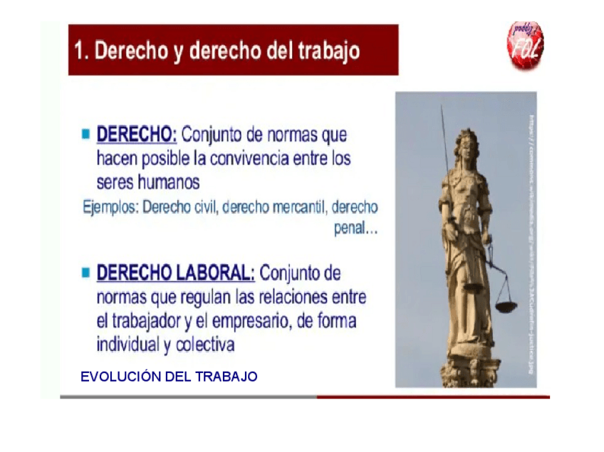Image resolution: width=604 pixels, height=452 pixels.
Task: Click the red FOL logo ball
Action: (x=525, y=46)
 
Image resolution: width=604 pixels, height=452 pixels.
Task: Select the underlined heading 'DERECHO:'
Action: (x=136, y=134)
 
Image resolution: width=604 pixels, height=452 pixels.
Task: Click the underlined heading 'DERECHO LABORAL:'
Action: (x=175, y=273)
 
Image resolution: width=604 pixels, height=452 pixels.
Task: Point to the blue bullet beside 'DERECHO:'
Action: (x=86, y=133)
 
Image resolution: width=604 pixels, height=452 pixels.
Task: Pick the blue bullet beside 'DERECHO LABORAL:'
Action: (x=86, y=272)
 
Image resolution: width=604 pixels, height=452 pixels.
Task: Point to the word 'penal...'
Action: (x=355, y=230)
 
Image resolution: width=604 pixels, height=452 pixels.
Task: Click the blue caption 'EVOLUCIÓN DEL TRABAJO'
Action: (x=169, y=377)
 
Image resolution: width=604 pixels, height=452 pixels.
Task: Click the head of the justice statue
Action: (x=466, y=139)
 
